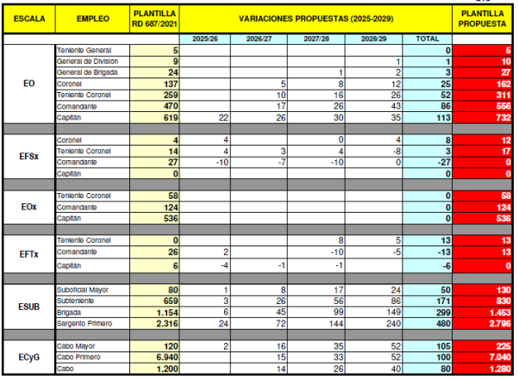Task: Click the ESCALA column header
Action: point(28,18)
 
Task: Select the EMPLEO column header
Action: point(92,18)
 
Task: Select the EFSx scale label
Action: point(28,155)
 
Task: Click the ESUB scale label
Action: point(28,305)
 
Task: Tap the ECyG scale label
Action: point(28,355)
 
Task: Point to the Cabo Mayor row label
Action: point(77,344)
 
